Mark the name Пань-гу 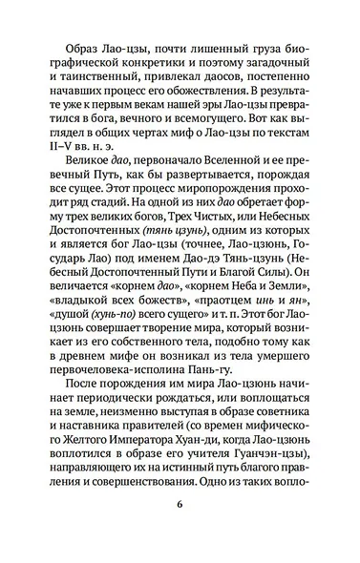pyautogui.click(x=244, y=411)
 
